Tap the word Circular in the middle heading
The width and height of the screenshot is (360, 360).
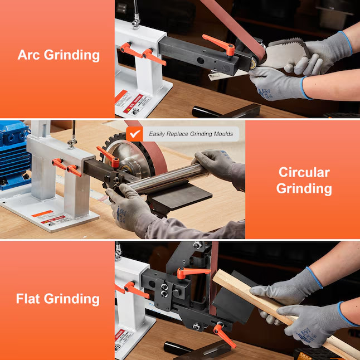tap(304, 172)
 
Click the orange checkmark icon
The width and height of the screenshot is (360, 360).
tap(134, 134)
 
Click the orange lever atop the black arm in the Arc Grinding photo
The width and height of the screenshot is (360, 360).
tap(219, 42)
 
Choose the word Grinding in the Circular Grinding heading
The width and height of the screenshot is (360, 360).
tap(304, 188)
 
